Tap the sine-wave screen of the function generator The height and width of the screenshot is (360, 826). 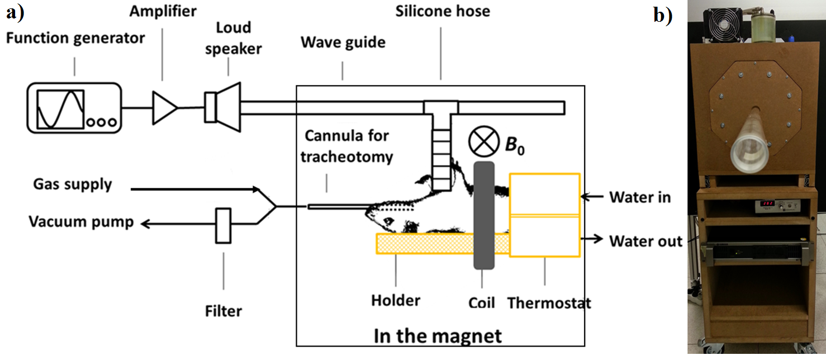(60, 108)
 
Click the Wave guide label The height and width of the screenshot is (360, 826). (343, 42)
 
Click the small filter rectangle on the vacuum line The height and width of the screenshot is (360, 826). (224, 226)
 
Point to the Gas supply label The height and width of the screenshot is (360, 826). (73, 184)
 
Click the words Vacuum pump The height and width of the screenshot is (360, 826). (82, 222)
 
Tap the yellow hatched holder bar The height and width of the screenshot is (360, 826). (442, 244)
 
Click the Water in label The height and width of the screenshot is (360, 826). (640, 197)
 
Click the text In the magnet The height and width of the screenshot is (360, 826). (438, 336)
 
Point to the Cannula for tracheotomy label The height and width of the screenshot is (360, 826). (346, 146)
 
